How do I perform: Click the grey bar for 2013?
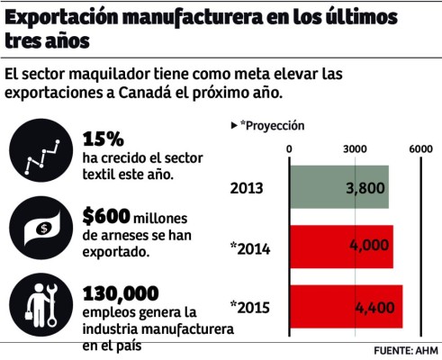pyautogui.click(x=338, y=187)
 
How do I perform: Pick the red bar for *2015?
pyautogui.click(x=345, y=307)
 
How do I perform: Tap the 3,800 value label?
pyautogui.click(x=365, y=188)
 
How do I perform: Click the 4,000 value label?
pyautogui.click(x=370, y=247)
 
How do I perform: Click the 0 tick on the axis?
pyautogui.click(x=289, y=148)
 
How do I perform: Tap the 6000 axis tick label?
pyautogui.click(x=421, y=148)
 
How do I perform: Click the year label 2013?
pyautogui.click(x=247, y=188)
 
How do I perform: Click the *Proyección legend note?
pyautogui.click(x=267, y=126)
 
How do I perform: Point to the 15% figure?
pyautogui.click(x=104, y=139)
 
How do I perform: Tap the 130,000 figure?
pyautogui.click(x=120, y=293)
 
